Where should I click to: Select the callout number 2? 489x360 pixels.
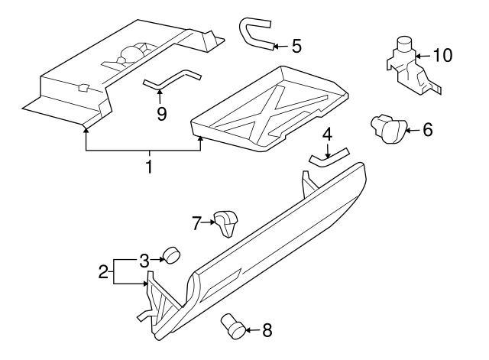pyautogui.click(x=103, y=271)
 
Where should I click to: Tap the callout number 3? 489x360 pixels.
pyautogui.click(x=142, y=260)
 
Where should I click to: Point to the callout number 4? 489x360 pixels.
pyautogui.click(x=327, y=135)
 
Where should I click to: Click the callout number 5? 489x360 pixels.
pyautogui.click(x=296, y=46)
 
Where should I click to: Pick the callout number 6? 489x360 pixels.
pyautogui.click(x=427, y=130)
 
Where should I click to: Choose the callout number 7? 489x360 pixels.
pyautogui.click(x=196, y=223)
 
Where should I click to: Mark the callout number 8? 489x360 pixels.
pyautogui.click(x=266, y=330)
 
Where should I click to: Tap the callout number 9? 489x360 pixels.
pyautogui.click(x=161, y=112)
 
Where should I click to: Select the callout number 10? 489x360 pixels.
pyautogui.click(x=442, y=55)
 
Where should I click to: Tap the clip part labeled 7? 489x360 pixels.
pyautogui.click(x=225, y=223)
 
